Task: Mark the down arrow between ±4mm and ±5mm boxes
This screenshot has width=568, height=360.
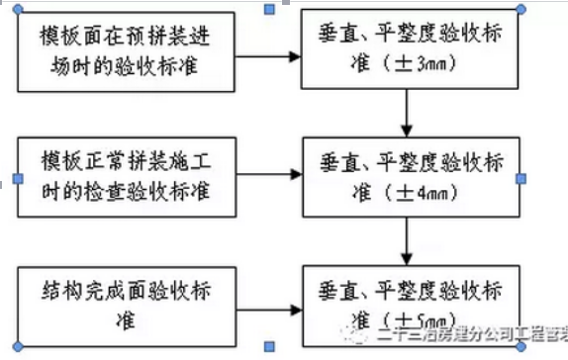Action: [407, 242]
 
